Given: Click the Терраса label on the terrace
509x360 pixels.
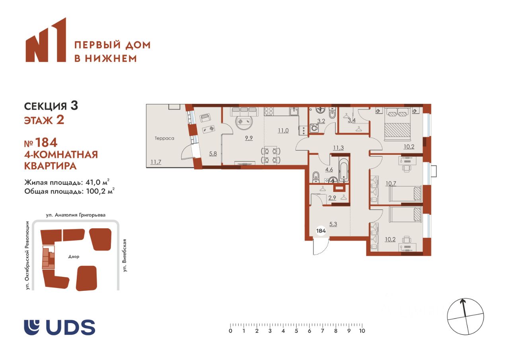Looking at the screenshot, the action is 164,138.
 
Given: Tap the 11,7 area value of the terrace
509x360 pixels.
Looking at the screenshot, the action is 155,162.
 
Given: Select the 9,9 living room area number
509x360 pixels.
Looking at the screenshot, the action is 249,138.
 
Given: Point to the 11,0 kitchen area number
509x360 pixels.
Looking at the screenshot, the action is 283,130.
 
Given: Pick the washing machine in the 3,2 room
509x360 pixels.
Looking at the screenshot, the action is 315,128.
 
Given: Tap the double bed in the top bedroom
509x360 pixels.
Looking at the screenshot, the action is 397,124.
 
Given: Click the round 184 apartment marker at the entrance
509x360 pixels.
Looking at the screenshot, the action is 321,231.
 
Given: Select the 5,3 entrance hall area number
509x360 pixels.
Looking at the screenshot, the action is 333,224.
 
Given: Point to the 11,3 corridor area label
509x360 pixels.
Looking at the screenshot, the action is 338,148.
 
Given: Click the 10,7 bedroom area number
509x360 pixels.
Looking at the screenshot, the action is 391,183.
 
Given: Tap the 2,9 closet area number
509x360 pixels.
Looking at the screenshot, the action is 332,198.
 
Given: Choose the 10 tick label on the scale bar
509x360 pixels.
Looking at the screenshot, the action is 362,331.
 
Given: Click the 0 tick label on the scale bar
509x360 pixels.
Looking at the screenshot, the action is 230,331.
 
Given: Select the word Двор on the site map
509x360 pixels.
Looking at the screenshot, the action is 74,256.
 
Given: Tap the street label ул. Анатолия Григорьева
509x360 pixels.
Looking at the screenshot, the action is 76,215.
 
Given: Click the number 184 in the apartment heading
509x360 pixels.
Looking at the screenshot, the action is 46,142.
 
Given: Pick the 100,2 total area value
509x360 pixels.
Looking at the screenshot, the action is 96,191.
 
